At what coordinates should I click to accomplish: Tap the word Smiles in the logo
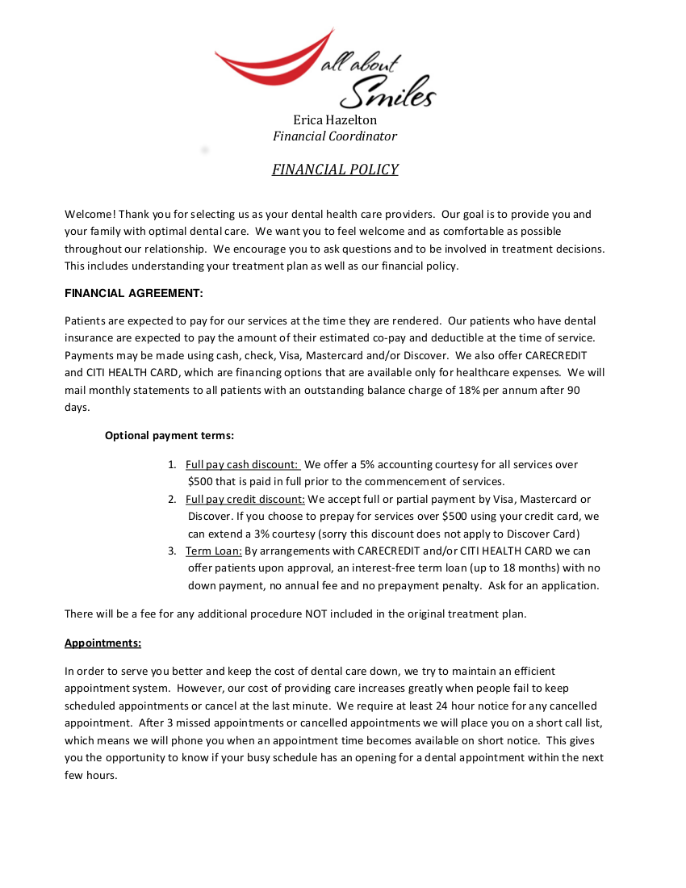(x=387, y=92)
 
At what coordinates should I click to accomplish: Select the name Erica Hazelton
(x=334, y=120)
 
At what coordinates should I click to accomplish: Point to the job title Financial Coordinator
(x=334, y=136)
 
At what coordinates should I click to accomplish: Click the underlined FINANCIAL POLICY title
(x=334, y=170)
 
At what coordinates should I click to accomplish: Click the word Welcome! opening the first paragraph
(x=90, y=215)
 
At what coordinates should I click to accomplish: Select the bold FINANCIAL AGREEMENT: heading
(x=134, y=293)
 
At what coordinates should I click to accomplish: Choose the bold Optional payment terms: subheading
(x=169, y=435)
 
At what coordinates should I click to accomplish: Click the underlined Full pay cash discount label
(x=242, y=464)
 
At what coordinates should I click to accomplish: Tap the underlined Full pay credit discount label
(x=245, y=499)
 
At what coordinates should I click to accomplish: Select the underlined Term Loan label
(x=213, y=551)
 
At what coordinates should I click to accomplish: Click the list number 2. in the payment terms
(x=172, y=499)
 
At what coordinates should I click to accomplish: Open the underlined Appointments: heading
(x=102, y=643)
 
